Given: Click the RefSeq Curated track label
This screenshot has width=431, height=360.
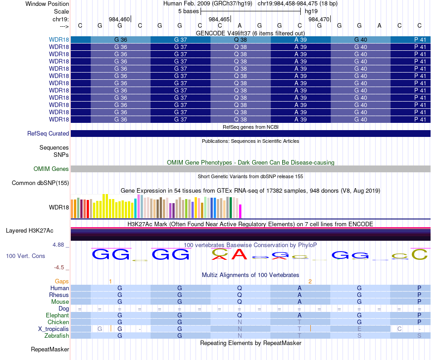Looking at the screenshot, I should coord(48,134).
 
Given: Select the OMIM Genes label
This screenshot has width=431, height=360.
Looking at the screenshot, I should coord(51,169).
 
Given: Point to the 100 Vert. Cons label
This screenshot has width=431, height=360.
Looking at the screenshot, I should coord(25,256).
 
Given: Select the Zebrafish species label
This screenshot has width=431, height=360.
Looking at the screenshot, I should coord(57,336).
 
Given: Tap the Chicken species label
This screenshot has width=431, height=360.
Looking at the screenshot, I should coord(59,322).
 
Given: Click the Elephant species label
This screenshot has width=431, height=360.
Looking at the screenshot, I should coord(57,316).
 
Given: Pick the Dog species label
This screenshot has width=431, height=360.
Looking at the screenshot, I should coord(64,309).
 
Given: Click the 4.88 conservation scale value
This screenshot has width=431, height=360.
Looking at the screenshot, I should coord(60,245).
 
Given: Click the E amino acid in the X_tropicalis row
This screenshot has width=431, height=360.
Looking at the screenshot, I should coord(359,329).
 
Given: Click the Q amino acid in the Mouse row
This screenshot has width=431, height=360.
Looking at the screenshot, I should coord(240,302).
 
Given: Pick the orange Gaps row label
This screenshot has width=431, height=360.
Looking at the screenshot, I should coord(62,282).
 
